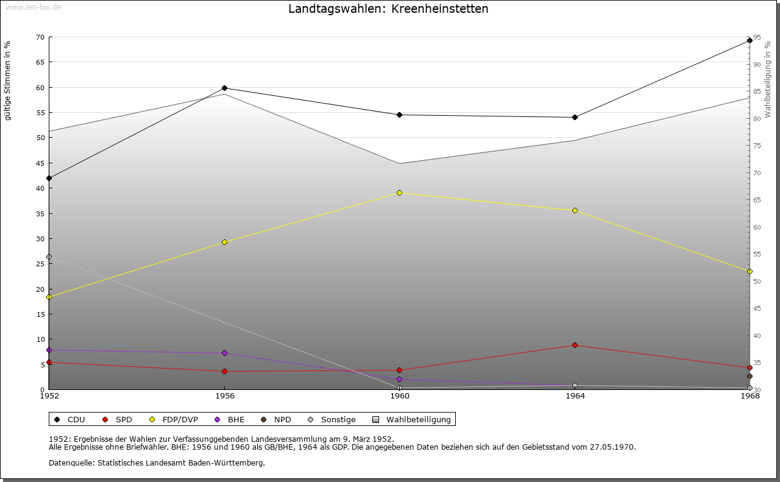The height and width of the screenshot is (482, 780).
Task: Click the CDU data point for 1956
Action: (224, 88)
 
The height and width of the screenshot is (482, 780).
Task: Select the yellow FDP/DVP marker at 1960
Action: (399, 193)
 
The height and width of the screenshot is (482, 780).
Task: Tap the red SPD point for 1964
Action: (575, 345)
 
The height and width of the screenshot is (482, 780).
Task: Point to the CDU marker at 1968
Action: (750, 40)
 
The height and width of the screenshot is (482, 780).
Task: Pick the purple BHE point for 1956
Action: (224, 353)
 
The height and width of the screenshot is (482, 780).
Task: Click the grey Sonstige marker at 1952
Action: (49, 257)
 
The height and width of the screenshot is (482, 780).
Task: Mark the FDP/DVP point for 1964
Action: (575, 210)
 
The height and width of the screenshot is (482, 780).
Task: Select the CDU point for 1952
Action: (49, 178)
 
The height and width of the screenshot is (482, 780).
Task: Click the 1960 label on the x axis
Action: (399, 396)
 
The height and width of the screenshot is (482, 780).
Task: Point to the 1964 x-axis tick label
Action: (575, 396)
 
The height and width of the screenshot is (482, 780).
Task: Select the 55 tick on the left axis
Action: (40, 113)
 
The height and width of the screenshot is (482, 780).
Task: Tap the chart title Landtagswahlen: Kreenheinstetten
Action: (388, 9)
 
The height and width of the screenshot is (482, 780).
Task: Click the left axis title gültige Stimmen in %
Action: (8, 80)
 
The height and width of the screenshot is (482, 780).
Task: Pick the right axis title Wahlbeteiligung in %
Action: (768, 79)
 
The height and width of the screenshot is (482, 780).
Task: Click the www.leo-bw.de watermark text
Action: (32, 6)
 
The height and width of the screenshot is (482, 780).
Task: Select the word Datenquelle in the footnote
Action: (69, 463)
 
